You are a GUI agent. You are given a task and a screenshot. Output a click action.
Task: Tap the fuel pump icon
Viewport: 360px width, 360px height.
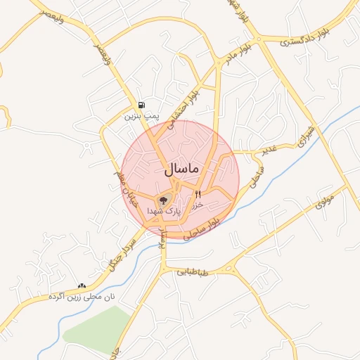click(x=142, y=105)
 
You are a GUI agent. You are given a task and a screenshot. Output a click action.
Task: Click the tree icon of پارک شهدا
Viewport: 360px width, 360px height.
click(x=163, y=200)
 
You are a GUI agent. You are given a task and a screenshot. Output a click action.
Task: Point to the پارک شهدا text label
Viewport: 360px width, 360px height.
click(x=164, y=211)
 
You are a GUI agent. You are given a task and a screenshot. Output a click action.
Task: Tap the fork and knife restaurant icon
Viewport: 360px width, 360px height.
click(x=198, y=194)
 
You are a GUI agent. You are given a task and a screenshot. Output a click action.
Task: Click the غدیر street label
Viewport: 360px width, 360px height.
click(x=274, y=150)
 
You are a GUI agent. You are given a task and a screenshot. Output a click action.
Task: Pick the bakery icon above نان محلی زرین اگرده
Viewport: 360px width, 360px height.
click(x=82, y=286)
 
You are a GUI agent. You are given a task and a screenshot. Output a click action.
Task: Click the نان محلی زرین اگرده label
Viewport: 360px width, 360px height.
click(x=82, y=297)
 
